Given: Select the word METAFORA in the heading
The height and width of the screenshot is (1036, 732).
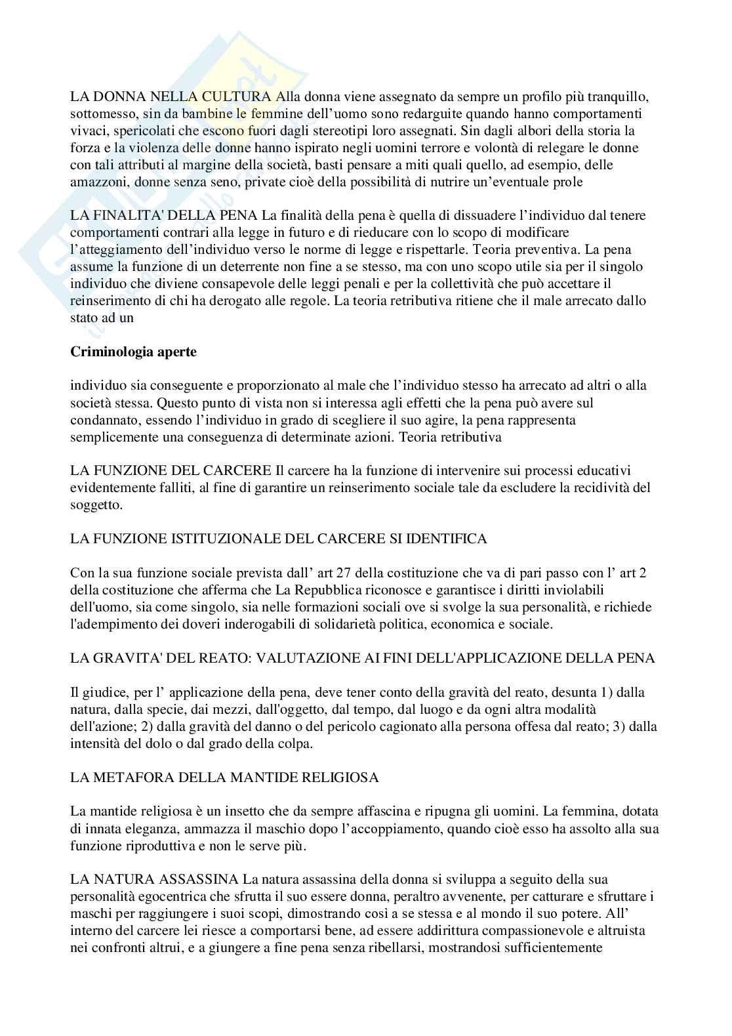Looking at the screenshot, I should click(x=123, y=777).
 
